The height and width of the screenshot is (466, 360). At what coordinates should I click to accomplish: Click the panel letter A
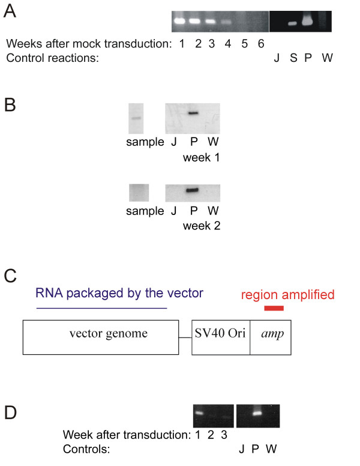point(10,11)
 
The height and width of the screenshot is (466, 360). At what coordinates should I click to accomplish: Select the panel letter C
point(10,277)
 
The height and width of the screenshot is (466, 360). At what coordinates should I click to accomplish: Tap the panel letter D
point(10,413)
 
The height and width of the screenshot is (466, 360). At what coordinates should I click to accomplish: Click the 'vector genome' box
point(100,337)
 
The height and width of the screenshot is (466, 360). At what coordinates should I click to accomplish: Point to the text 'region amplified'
point(287,295)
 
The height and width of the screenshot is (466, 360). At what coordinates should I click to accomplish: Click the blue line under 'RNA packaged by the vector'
point(101,308)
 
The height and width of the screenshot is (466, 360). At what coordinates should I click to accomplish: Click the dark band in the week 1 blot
point(193,113)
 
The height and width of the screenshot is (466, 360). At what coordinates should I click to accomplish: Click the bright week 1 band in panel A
point(179,21)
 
